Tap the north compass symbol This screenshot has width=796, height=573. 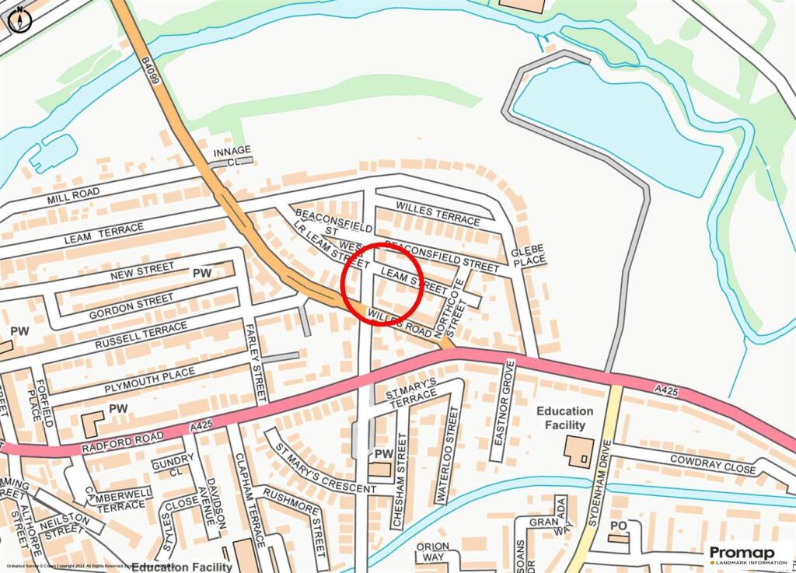coord(19,19)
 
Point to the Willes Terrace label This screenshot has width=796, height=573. coord(438,214)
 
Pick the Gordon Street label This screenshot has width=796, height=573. coord(131,306)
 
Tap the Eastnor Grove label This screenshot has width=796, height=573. coord(501,410)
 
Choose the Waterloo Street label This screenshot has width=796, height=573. coord(449,444)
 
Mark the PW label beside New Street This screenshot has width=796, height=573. coord(202,273)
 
